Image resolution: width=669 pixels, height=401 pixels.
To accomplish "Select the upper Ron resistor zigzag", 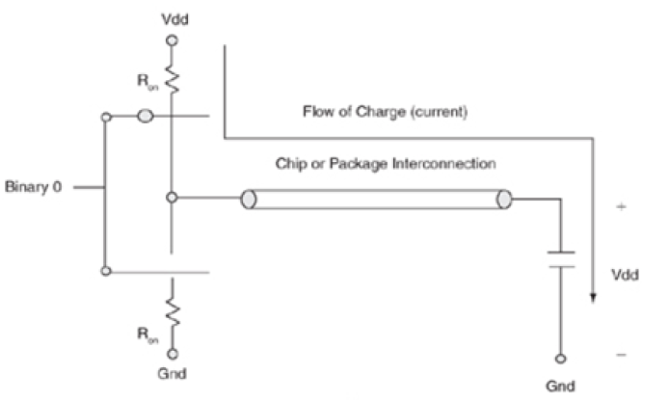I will (172, 74).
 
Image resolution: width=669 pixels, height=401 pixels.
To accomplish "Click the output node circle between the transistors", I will (172, 199).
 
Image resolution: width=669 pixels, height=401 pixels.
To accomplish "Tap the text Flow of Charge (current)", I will (384, 113).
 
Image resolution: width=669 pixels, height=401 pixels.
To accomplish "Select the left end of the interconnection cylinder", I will (247, 200).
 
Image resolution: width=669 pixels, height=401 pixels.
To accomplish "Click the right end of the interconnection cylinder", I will (503, 200).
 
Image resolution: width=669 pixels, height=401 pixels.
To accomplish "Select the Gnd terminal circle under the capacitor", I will (558, 355).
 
